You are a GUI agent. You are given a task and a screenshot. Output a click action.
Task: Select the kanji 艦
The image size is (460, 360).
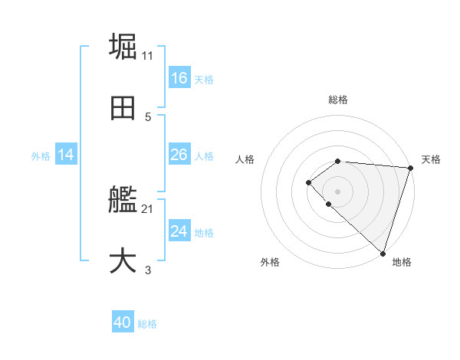point(123,200)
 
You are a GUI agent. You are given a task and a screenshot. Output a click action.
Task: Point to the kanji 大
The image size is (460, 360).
point(123,260)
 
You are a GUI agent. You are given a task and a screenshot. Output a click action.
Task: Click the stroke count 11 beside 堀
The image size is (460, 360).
point(148,56)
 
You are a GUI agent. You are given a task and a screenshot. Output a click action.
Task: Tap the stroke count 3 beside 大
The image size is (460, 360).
point(148,270)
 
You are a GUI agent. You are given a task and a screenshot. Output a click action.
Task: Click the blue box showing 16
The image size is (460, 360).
point(179,78)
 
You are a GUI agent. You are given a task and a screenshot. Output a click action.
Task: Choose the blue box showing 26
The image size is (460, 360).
point(179,155)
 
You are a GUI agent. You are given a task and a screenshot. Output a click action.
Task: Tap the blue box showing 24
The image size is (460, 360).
point(179,231)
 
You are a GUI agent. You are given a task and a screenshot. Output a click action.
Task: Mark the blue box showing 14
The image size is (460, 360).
point(66,155)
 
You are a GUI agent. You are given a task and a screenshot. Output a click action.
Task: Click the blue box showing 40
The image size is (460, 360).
point(123,323)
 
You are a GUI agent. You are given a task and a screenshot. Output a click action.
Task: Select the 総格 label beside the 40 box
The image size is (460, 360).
point(147,325)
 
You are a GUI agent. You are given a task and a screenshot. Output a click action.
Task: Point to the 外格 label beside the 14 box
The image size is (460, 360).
point(41,156)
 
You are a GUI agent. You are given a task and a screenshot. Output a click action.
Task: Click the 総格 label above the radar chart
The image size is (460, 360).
point(338,100)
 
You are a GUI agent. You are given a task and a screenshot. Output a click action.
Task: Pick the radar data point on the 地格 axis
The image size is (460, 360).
point(383,253)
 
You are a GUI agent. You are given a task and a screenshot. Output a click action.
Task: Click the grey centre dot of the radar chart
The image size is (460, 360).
point(338,191)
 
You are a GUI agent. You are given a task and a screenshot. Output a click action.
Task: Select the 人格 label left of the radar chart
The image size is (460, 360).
point(245,159)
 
